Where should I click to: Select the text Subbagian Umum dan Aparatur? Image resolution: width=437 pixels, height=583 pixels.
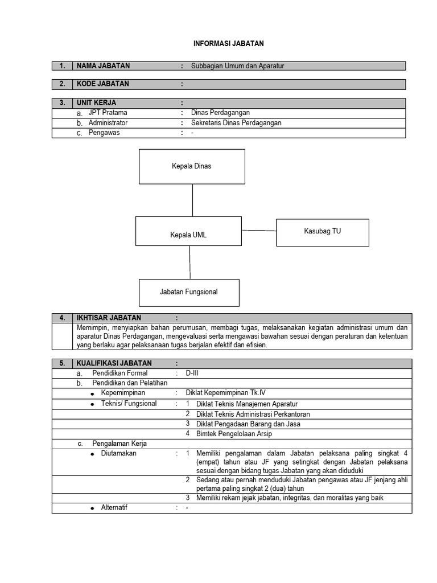click(237, 66)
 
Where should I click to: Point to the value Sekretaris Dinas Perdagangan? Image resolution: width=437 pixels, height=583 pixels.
click(236, 123)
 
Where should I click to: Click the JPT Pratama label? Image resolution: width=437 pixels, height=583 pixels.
click(108, 113)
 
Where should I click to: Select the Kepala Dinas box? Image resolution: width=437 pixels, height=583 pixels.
click(192, 166)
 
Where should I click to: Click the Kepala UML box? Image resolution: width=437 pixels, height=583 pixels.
click(188, 235)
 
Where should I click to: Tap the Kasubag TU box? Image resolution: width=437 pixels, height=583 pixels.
click(323, 232)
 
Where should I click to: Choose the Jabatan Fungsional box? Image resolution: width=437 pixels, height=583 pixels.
click(189, 292)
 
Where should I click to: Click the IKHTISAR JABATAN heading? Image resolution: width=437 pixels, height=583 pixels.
click(109, 318)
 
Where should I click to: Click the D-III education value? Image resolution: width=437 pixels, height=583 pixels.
click(192, 373)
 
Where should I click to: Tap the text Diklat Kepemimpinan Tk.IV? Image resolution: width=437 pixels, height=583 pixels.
click(222, 393)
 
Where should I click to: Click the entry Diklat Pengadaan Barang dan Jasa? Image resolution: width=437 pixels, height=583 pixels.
click(248, 424)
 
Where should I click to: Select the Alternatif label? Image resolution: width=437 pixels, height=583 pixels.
click(114, 507)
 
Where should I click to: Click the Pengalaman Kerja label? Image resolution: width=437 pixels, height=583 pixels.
click(119, 444)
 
